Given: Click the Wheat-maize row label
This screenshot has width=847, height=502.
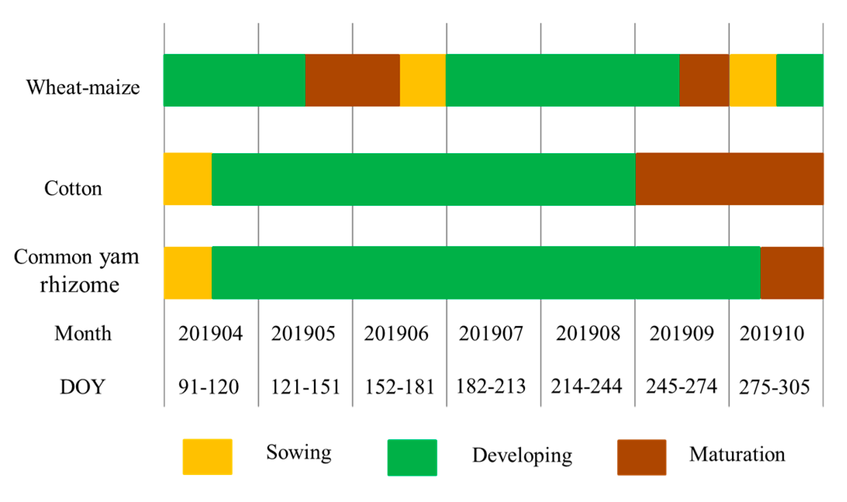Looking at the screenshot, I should tap(83, 87).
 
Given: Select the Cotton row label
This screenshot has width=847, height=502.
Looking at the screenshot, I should tap(73, 188).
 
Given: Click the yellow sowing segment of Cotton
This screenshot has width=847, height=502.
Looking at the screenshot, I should tap(188, 179).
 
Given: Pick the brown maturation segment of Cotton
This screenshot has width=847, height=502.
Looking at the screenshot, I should tap(729, 179).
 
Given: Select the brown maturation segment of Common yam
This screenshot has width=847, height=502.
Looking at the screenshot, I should tap(792, 273).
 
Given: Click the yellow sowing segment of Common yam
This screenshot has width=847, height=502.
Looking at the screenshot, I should tap(188, 273).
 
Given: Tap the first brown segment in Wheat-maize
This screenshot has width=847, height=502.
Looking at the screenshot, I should tap(352, 80).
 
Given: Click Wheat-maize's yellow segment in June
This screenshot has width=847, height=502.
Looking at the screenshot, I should tap(423, 80).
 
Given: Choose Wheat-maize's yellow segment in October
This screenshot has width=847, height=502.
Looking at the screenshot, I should tap(752, 80).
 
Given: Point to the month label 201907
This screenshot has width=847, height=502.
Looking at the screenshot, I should tap(491, 333).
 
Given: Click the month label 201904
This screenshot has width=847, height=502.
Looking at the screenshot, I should tap(210, 333).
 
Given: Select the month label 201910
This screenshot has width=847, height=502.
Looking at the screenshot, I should tap(771, 333).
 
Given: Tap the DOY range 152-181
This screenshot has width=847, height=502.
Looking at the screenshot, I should tap(399, 387).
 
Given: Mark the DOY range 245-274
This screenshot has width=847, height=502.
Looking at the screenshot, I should tap(681, 386).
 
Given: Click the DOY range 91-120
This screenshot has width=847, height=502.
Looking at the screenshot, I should tap(209, 387).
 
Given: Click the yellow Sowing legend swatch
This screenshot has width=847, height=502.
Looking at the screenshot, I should tap(207, 457).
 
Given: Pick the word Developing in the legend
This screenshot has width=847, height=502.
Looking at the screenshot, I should tap(522, 455).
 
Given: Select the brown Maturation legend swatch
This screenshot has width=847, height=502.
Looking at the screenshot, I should tap(642, 457).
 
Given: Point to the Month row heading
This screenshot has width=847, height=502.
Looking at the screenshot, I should tap(83, 333).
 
